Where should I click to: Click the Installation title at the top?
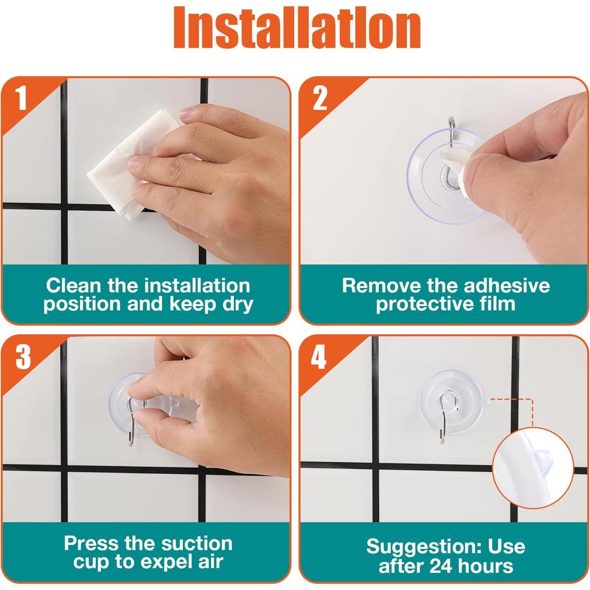[297, 28]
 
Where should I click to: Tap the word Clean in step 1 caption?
[74, 286]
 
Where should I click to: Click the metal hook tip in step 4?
[442, 441]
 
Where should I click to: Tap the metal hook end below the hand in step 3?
[131, 444]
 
